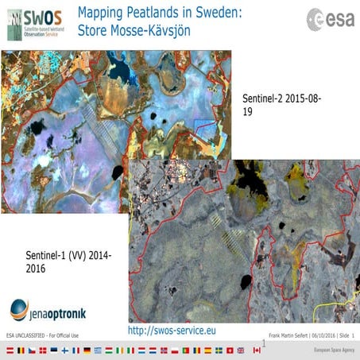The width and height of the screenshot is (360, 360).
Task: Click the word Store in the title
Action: [x=94, y=29]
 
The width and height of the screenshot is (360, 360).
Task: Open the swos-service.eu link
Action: [x=172, y=329]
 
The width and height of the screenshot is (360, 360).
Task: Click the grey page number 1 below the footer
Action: [x=263, y=343]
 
